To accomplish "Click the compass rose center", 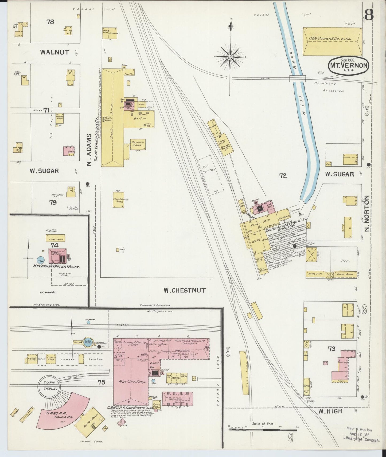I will (x=230, y=57).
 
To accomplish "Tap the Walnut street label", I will (x=54, y=52).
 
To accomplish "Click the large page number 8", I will (x=369, y=16).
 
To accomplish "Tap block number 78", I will (x=50, y=22).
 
